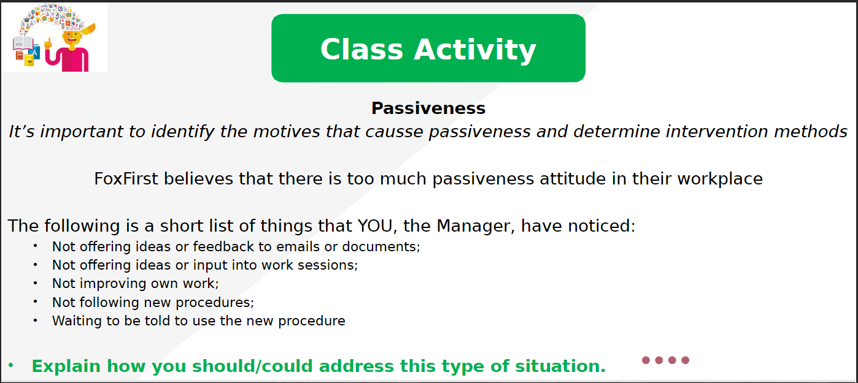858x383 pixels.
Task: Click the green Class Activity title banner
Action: pyautogui.click(x=428, y=48)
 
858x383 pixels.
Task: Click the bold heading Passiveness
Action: pyautogui.click(x=428, y=108)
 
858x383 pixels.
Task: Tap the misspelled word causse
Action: pyautogui.click(x=394, y=132)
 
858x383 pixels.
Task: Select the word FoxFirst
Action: pyautogui.click(x=126, y=179)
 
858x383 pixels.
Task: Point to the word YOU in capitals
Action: pyautogui.click(x=375, y=226)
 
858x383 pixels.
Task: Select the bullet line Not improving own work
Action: pyautogui.click(x=135, y=284)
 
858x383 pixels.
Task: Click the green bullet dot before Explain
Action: pyautogui.click(x=10, y=365)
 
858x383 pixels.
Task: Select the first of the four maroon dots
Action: pyautogui.click(x=646, y=360)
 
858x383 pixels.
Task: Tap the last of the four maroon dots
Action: pyautogui.click(x=686, y=360)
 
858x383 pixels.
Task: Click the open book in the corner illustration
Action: pyautogui.click(x=23, y=44)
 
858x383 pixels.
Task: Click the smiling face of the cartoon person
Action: pyautogui.click(x=72, y=38)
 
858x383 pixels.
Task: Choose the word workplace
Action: pyautogui.click(x=720, y=180)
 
